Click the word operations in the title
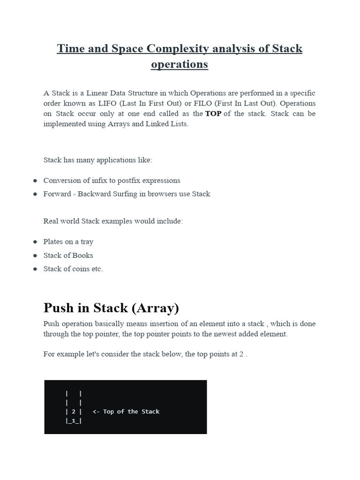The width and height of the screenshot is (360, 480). pos(180,64)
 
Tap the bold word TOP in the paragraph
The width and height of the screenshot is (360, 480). pos(213,113)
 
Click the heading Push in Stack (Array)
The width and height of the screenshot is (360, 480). pos(111,308)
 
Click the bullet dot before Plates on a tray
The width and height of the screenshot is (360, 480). pos(35,242)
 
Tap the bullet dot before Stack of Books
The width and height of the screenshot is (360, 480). pos(35,255)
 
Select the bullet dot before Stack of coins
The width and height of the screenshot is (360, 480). pos(35,269)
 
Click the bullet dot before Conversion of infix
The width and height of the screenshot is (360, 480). pos(35,180)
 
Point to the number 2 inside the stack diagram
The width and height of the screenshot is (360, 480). pos(74,412)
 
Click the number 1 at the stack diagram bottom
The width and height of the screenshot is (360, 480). pos(74,420)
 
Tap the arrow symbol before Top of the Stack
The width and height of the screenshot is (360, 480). pos(96,412)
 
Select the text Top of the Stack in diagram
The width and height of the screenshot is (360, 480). pos(131,412)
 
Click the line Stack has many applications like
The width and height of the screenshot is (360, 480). pos(98,160)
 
